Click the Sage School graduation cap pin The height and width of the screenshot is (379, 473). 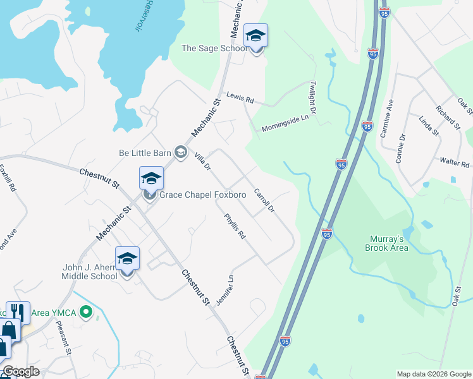255,36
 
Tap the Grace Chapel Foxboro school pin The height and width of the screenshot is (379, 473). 151,179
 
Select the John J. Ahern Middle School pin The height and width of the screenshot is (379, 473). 127,259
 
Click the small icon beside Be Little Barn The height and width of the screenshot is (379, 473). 180,152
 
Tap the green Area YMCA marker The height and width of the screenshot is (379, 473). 88,312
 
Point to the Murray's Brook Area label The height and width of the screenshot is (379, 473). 389,243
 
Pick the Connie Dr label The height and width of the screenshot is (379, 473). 401,148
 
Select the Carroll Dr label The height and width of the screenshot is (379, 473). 264,200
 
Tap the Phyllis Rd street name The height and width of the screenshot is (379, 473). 235,226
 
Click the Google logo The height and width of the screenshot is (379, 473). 21,371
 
